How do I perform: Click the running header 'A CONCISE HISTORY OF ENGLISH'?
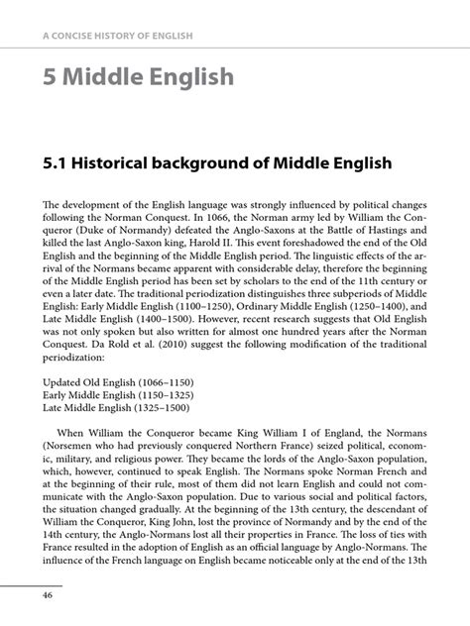pos(117,37)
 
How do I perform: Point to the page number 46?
pos(47,594)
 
